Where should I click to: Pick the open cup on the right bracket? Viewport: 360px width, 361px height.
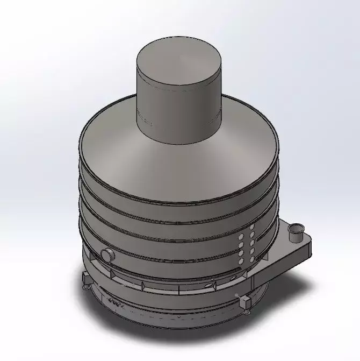point(295,232)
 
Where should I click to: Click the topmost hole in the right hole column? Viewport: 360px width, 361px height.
point(251,228)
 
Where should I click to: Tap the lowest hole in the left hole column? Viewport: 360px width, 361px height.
point(240,260)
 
